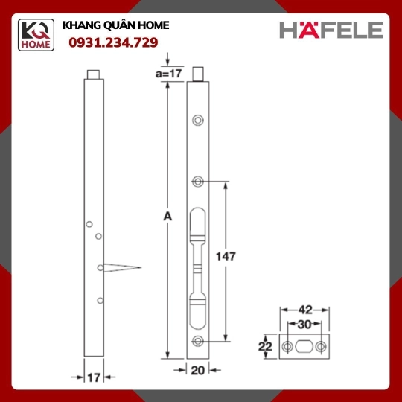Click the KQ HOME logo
36,35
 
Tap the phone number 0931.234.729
113,42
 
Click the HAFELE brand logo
331,30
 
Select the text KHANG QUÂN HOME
115,25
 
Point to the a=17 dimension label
169,74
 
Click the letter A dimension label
167,217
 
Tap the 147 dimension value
226,256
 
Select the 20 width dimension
198,370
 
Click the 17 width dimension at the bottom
94,377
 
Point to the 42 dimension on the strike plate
305,310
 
